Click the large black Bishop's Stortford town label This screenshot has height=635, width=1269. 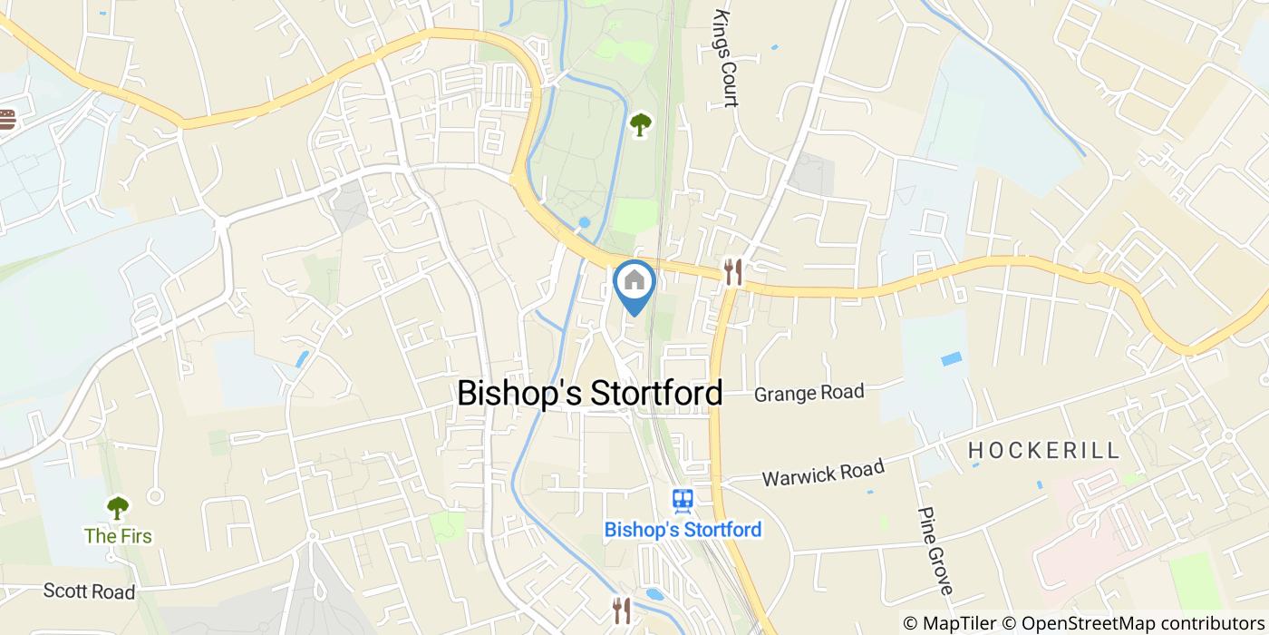tap(590, 393)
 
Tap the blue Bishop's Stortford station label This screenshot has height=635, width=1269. tap(683, 529)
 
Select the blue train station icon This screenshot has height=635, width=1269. tap(683, 498)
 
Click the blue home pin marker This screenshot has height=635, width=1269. tap(634, 282)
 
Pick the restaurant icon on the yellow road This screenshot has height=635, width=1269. tap(733, 271)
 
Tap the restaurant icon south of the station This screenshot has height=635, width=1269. tap(621, 610)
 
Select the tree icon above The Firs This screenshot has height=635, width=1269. tap(118, 506)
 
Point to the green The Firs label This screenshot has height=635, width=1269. tap(118, 535)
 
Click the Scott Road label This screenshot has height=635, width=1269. tap(89, 591)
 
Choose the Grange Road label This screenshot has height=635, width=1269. tap(809, 393)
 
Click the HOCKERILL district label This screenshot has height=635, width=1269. tap(1044, 450)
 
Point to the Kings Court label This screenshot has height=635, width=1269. tap(725, 59)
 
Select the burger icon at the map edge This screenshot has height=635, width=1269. tap(7, 119)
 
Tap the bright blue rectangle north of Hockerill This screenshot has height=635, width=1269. tap(952, 359)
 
